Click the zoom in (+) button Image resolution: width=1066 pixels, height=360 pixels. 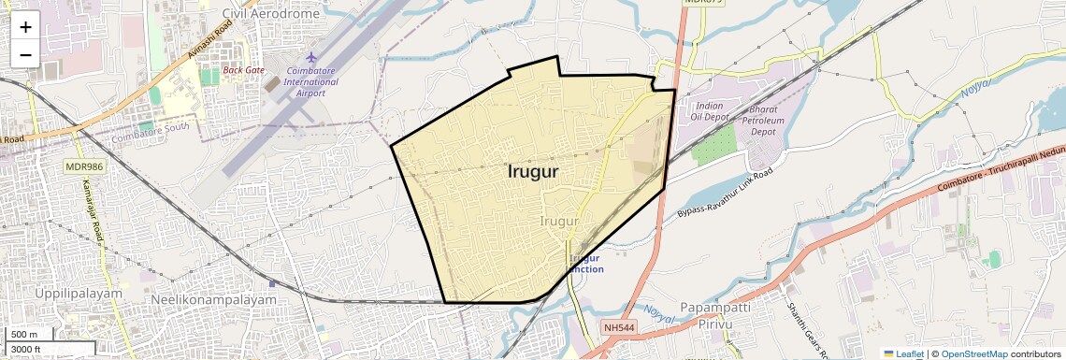25,27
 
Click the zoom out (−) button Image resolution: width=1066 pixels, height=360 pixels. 25,54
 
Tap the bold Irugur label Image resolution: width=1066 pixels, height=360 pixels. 533,172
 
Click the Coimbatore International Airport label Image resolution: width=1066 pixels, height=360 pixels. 311,82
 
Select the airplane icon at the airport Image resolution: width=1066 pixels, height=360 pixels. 312,59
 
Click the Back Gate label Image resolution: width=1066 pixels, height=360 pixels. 243,70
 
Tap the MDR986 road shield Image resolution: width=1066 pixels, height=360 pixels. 83,166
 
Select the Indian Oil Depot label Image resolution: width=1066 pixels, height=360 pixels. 709,112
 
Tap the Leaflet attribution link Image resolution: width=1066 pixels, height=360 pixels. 903,353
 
